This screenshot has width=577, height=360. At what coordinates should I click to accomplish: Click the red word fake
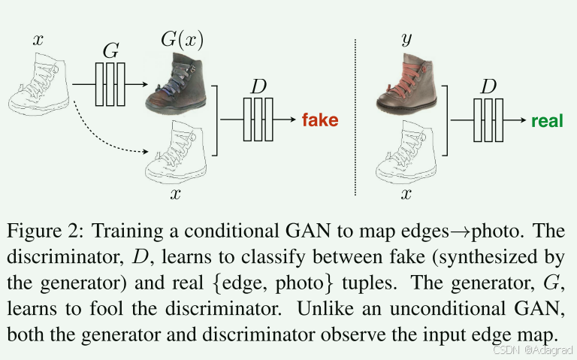click(319, 120)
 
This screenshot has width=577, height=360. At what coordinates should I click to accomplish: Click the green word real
click(546, 120)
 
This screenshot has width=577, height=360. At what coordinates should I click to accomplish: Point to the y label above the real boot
click(406, 39)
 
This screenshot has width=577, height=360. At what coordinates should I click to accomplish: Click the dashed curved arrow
click(105, 135)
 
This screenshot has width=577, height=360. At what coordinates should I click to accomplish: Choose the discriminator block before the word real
click(488, 119)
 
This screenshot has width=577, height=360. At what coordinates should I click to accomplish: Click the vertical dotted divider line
click(355, 113)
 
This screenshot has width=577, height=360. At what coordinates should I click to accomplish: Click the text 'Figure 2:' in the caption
click(47, 229)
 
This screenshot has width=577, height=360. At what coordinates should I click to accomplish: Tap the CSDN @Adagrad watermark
click(533, 350)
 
